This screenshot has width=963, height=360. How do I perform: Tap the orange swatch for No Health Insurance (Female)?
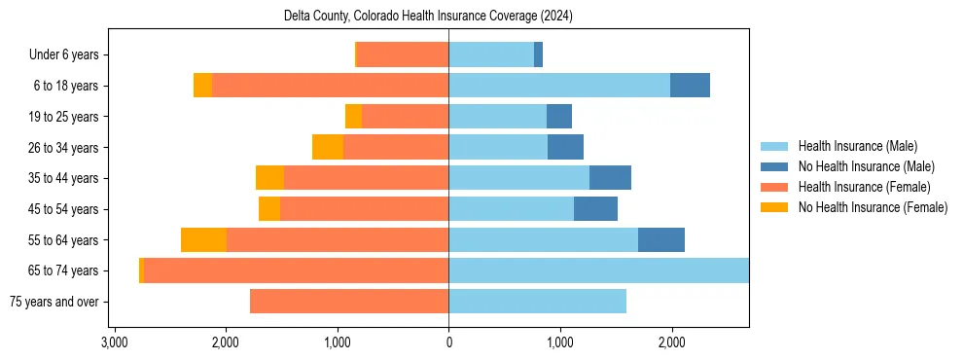[x=775, y=207]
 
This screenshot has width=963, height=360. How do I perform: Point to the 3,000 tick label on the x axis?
[x=115, y=343]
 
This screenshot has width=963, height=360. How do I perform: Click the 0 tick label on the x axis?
[x=448, y=343]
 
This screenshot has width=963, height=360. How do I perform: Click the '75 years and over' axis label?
[x=53, y=302]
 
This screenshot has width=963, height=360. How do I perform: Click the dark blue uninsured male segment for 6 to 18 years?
[x=690, y=86]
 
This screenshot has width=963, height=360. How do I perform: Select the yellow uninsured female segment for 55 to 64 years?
[x=203, y=240]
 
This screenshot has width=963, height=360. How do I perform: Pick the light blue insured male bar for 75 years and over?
[x=537, y=302]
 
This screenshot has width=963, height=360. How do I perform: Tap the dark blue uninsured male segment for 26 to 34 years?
[x=565, y=147]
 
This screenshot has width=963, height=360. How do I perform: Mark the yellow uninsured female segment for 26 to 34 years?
[x=328, y=147]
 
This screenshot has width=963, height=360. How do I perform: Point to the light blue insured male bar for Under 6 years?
[x=491, y=55]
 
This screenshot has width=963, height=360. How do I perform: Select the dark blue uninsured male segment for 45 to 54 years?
[x=595, y=209]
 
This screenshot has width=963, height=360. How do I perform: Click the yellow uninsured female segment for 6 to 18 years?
[x=202, y=86]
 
